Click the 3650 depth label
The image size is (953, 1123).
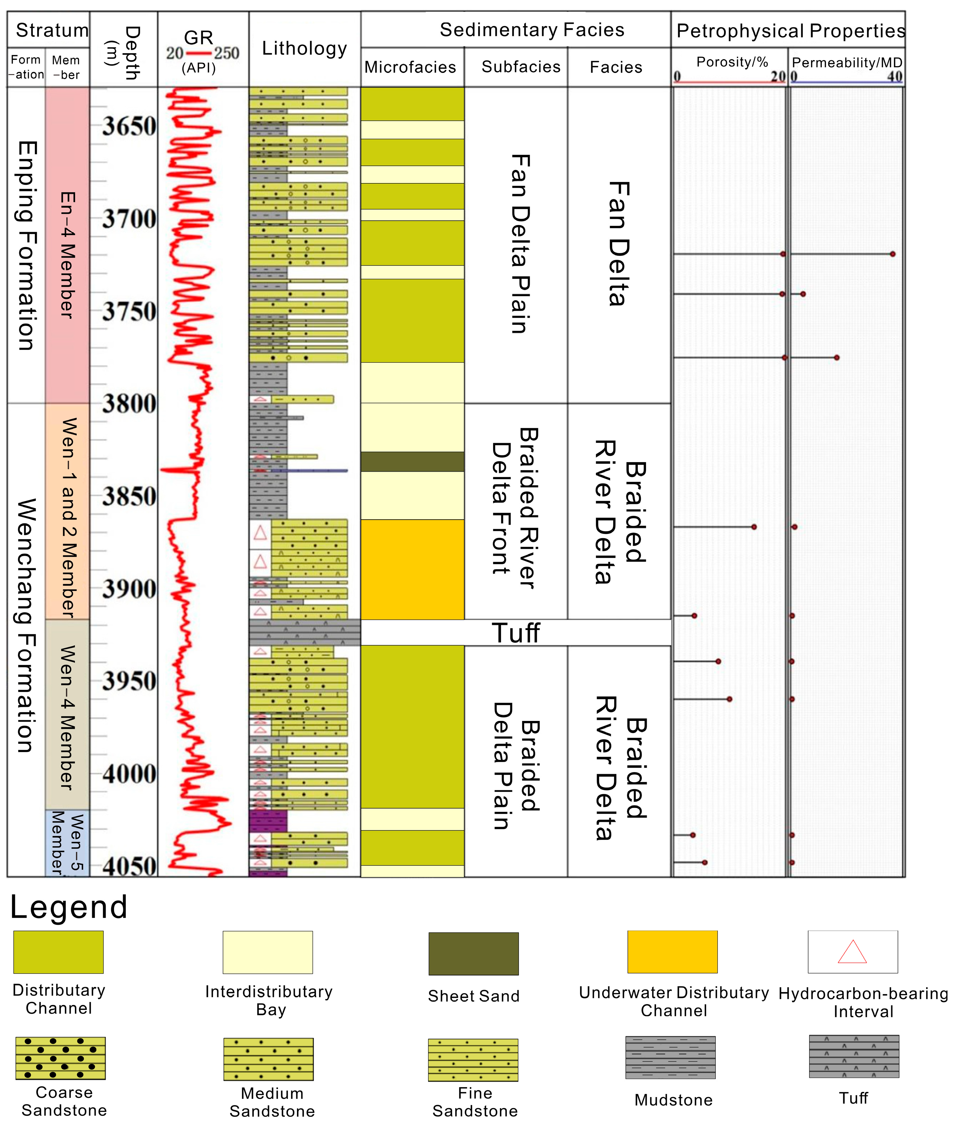(129, 126)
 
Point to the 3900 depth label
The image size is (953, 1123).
(129, 589)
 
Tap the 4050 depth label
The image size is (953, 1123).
(129, 866)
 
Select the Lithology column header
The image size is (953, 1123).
(304, 49)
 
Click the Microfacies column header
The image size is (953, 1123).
(410, 67)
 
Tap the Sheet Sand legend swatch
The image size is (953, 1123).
(473, 953)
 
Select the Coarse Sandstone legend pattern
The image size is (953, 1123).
(60, 1058)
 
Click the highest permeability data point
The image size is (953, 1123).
(893, 254)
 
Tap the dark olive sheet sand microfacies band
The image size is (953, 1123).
(412, 461)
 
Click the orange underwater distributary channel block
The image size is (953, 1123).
(412, 569)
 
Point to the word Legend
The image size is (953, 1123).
(69, 907)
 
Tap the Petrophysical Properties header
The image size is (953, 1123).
(790, 31)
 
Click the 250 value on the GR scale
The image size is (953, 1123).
(227, 53)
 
